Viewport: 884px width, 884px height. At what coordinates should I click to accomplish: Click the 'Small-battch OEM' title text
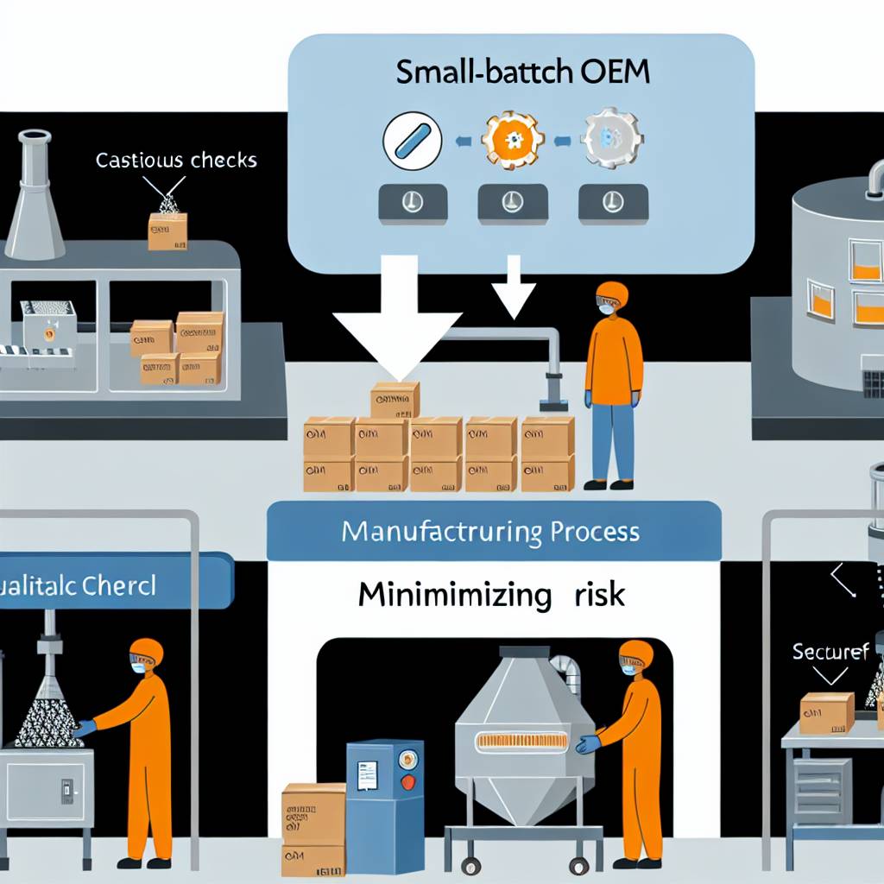click(x=522, y=72)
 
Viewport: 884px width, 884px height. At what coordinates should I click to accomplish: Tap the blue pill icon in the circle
click(x=411, y=140)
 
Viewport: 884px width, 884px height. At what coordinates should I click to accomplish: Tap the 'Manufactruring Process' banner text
click(x=490, y=530)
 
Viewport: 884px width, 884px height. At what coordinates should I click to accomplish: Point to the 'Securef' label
click(x=830, y=652)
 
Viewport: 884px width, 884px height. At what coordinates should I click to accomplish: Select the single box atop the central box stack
click(x=395, y=401)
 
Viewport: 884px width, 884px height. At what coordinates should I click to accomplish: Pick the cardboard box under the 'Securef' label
click(x=826, y=713)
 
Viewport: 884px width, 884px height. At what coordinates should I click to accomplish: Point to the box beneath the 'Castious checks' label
click(x=167, y=231)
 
